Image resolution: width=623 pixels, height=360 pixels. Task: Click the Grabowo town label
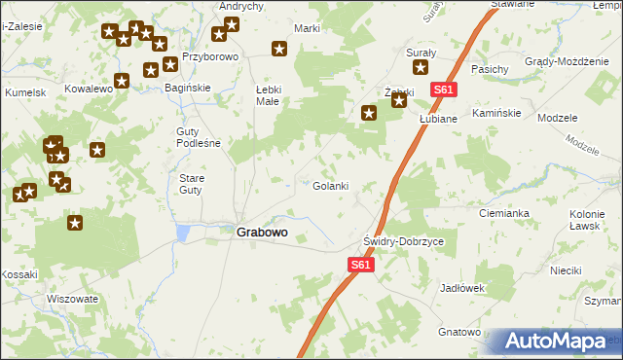point(261,234)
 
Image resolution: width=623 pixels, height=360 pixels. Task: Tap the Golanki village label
point(329,186)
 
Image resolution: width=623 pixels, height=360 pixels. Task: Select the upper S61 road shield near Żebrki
point(443,90)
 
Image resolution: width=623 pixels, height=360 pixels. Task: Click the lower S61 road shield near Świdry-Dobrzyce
point(360,264)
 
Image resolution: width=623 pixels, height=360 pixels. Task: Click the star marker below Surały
point(421,67)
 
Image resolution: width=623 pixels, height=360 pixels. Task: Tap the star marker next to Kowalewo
point(122,81)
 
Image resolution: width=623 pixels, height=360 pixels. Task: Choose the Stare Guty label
point(191,184)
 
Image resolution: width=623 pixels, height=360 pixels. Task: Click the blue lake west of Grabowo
point(183,233)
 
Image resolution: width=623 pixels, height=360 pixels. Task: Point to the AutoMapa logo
point(559,342)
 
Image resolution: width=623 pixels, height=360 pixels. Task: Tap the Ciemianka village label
point(503,212)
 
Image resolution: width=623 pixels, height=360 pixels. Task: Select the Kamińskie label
point(497,113)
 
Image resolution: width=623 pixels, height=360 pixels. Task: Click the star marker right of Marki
point(279,49)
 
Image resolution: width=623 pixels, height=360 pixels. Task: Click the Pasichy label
point(489,69)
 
